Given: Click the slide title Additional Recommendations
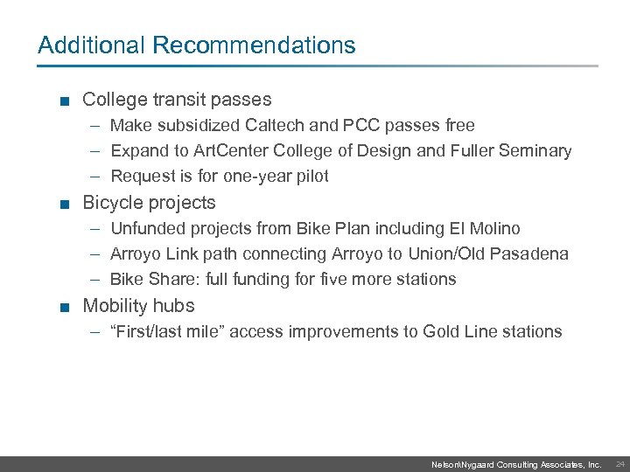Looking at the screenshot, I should (x=197, y=45).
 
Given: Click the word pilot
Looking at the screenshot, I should (x=311, y=177).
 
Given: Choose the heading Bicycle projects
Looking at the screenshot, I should (x=149, y=203).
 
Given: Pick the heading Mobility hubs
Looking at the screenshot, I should (x=138, y=306).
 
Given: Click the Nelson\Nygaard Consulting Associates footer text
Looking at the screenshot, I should (x=516, y=465).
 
